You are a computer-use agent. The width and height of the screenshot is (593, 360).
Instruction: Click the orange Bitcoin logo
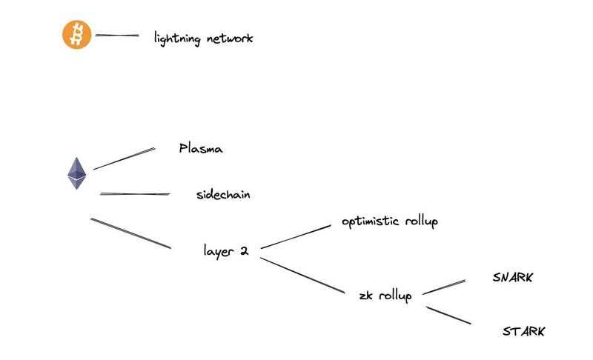pyautogui.click(x=76, y=35)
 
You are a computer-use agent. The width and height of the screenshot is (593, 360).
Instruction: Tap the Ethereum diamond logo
pyautogui.click(x=76, y=173)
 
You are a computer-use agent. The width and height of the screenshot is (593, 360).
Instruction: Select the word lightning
pyautogui.click(x=176, y=38)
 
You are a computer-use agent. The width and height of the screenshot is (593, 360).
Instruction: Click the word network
pyautogui.click(x=228, y=38)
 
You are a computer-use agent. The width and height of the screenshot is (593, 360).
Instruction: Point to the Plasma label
pyautogui.click(x=201, y=149)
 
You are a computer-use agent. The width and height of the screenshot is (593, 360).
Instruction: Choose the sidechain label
pyautogui.click(x=223, y=195)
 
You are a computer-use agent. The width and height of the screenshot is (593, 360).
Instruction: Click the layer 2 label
pyautogui.click(x=225, y=250)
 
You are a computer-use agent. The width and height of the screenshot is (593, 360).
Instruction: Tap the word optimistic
pyautogui.click(x=371, y=221)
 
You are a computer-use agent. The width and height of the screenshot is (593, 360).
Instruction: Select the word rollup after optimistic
pyautogui.click(x=421, y=221)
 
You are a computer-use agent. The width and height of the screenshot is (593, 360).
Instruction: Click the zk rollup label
pyautogui.click(x=385, y=296)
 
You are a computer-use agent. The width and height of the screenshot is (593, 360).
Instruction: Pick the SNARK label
pyautogui.click(x=513, y=278)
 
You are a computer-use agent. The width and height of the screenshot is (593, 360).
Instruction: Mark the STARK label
pyautogui.click(x=523, y=331)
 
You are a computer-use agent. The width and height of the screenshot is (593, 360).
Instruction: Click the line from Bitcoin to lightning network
pyautogui.click(x=117, y=35)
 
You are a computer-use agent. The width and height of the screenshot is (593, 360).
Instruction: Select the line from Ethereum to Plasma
pyautogui.click(x=124, y=159)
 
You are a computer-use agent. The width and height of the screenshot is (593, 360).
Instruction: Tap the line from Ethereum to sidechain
pyautogui.click(x=135, y=194)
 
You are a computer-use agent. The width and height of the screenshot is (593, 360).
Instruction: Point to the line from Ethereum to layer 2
pyautogui.click(x=130, y=233)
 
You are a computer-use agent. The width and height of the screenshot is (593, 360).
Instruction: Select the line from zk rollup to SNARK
pyautogui.click(x=443, y=287)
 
